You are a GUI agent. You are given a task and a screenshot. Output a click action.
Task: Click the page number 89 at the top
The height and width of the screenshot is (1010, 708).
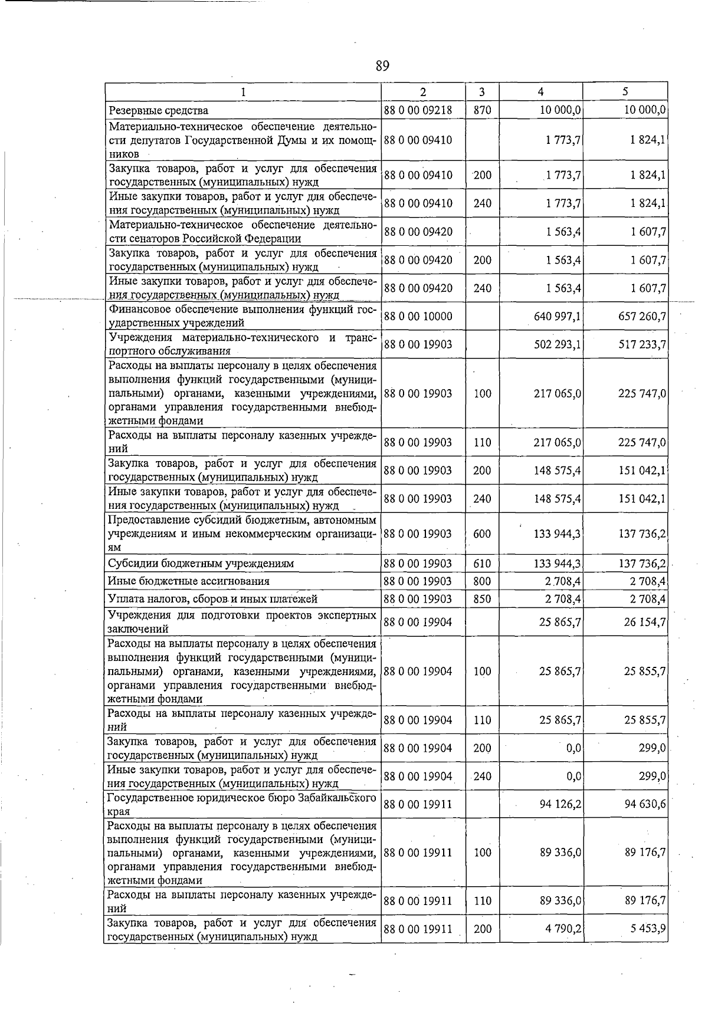(x=382, y=66)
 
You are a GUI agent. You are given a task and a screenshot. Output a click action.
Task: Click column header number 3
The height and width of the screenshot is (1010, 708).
(x=482, y=92)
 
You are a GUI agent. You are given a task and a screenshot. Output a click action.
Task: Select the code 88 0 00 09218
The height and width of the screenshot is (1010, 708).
(x=418, y=110)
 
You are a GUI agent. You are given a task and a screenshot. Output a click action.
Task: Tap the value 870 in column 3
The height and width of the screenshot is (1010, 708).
(x=482, y=110)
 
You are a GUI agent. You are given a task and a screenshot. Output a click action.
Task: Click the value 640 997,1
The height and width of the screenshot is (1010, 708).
(x=558, y=317)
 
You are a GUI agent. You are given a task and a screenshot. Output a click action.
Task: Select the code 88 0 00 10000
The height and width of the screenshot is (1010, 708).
(x=418, y=317)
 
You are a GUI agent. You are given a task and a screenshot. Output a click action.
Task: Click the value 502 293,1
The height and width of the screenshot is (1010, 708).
(x=558, y=344)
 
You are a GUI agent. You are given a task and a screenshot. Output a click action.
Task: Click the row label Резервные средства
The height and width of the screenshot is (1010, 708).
(x=158, y=110)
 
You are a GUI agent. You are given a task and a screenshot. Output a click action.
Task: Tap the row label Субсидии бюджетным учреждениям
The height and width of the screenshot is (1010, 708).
(x=201, y=564)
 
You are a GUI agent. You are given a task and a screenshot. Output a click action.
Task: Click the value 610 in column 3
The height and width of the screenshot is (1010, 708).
(x=482, y=564)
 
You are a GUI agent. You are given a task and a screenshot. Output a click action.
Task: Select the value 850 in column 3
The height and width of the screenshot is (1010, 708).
(x=482, y=599)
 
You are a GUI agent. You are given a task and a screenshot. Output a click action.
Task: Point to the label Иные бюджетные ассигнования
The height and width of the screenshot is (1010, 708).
(x=189, y=581)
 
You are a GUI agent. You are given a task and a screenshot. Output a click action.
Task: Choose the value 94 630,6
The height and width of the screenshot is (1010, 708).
(x=645, y=804)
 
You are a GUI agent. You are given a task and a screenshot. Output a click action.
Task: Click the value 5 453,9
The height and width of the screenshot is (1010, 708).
(x=648, y=929)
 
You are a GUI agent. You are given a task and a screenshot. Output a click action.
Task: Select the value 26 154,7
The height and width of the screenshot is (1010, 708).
(x=645, y=622)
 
